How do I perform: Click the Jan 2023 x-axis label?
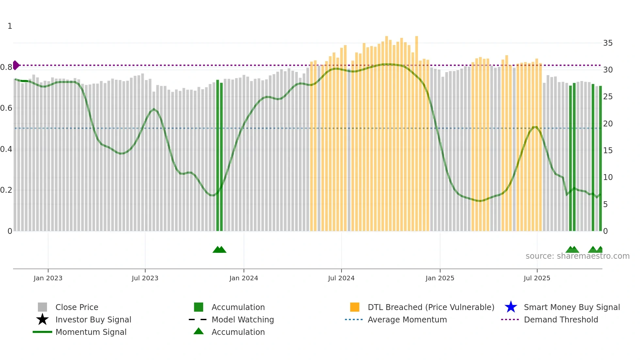coord(48,278)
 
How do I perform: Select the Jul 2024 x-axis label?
coord(341,278)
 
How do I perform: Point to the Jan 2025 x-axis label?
coord(440,278)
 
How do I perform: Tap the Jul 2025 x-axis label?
coord(537,278)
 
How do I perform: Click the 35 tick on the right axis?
coord(608,43)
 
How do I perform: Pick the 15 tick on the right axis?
coord(608,151)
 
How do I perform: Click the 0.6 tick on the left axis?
coord(6,108)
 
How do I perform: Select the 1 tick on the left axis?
coord(10,26)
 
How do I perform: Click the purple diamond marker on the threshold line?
coord(16,65)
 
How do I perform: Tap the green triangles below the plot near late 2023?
coord(219,250)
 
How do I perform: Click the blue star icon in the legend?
coord(511,307)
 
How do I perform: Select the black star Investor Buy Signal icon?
coord(42,319)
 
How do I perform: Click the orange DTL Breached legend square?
coord(355,307)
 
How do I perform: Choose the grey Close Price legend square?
coord(42,307)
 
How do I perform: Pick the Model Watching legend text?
coord(243,319)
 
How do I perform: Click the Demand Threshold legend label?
coord(561,319)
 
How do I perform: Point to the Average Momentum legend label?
coord(407,319)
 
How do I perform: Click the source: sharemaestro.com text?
coord(577,256)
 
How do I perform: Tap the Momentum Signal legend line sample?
coord(42,332)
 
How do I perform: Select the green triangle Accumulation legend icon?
coord(199,331)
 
